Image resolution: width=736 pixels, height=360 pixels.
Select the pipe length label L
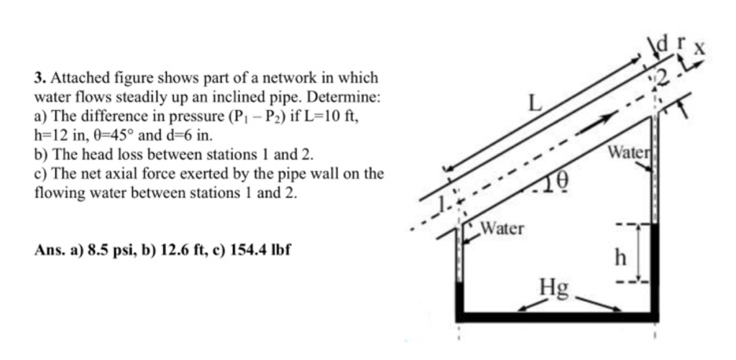(x=535, y=103)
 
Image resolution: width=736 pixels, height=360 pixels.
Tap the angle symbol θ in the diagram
(x=564, y=180)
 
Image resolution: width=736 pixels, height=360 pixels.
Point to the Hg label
(x=554, y=289)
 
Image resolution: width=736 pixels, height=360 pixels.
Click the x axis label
(x=699, y=48)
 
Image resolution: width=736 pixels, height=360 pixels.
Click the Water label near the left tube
(x=502, y=229)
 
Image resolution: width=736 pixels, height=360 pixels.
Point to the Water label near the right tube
(x=627, y=152)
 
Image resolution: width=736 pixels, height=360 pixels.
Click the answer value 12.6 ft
(x=182, y=250)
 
